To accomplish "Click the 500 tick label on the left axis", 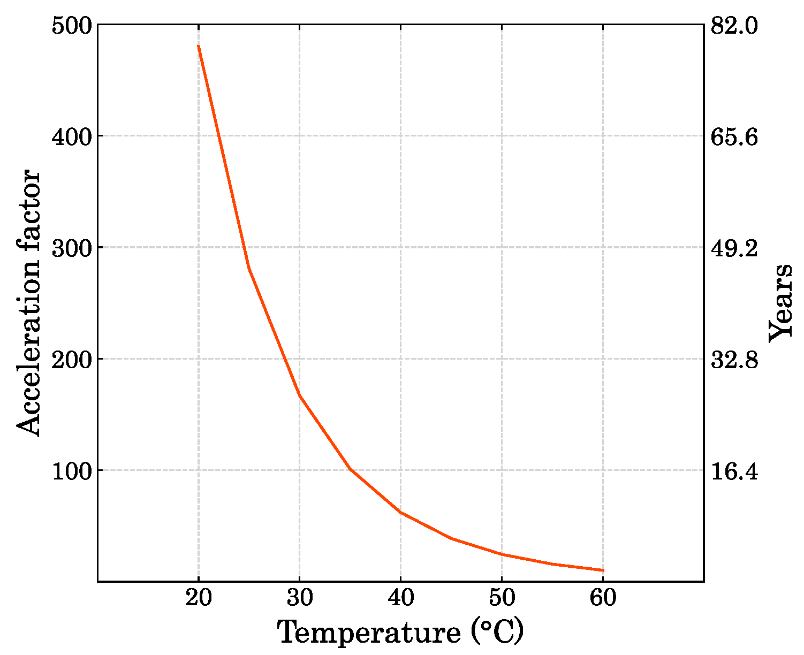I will pos(72,26).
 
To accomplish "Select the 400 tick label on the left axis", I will pos(72,137).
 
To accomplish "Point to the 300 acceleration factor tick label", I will pos(72,248).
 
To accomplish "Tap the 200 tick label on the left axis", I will pos(72,360).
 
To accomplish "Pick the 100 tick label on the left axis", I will pos(72,471).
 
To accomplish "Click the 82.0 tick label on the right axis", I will pos(734,26).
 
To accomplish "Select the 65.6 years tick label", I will pos(734,137).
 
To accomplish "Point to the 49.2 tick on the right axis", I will pos(734,248).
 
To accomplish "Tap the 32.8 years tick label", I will pos(734,360).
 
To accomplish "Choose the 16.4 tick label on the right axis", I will pos(734,471).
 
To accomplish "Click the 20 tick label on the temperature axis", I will pos(199,598).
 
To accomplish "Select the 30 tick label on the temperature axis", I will pos(300,598).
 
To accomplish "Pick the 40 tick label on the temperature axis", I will pos(401,598).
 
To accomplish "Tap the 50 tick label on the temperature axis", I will pos(502,598).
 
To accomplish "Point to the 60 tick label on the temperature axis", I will pos(603,598).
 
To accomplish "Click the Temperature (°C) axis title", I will pos(400,632).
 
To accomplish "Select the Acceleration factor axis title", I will pos(28,303).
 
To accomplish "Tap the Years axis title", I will pos(781,303).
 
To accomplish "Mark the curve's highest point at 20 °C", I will pos(199,46).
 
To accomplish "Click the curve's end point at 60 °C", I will pos(603,570).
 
